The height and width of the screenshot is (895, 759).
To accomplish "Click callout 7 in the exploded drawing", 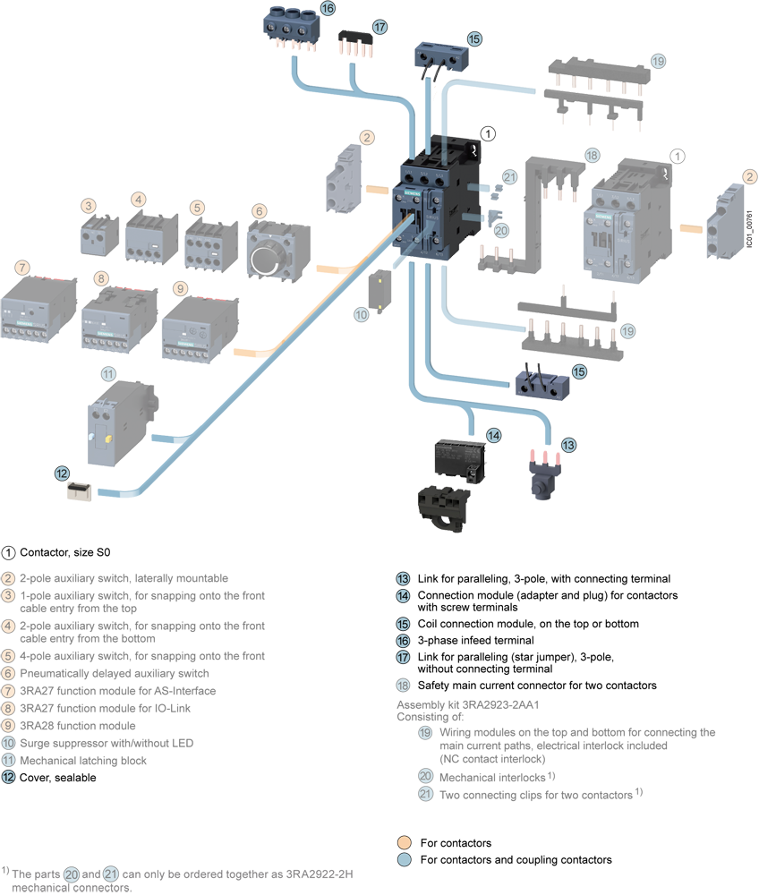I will [22, 268].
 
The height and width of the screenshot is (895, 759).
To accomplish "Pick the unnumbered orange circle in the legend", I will [405, 842].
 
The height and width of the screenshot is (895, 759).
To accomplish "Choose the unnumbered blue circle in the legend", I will [405, 859].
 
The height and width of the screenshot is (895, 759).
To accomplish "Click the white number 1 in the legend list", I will [8, 552].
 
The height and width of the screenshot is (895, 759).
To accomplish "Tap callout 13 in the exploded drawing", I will [568, 445].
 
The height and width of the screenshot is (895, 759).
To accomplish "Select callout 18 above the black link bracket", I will [592, 155].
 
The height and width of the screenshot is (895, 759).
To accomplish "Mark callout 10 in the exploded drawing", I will [361, 315].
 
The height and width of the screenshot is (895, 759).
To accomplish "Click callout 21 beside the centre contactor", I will [509, 177].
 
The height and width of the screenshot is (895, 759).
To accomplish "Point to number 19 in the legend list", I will [425, 733].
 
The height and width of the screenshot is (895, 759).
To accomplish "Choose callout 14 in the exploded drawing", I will [493, 435].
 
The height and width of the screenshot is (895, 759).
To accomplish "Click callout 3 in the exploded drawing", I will [89, 206].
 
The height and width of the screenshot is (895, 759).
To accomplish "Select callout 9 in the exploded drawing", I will [180, 288].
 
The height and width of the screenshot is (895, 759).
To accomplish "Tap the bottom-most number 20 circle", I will [72, 874].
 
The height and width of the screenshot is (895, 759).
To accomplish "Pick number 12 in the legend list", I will [8, 777].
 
